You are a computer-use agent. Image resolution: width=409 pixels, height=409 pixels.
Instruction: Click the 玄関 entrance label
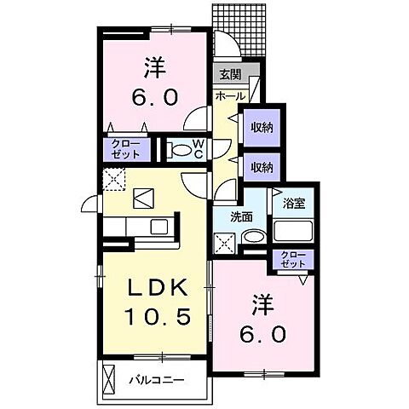228,75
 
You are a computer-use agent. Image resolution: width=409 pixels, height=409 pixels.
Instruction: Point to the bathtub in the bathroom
294,232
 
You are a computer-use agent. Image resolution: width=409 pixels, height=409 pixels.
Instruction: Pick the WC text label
197,150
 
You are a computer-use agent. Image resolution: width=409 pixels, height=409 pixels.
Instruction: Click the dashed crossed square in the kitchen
114,179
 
